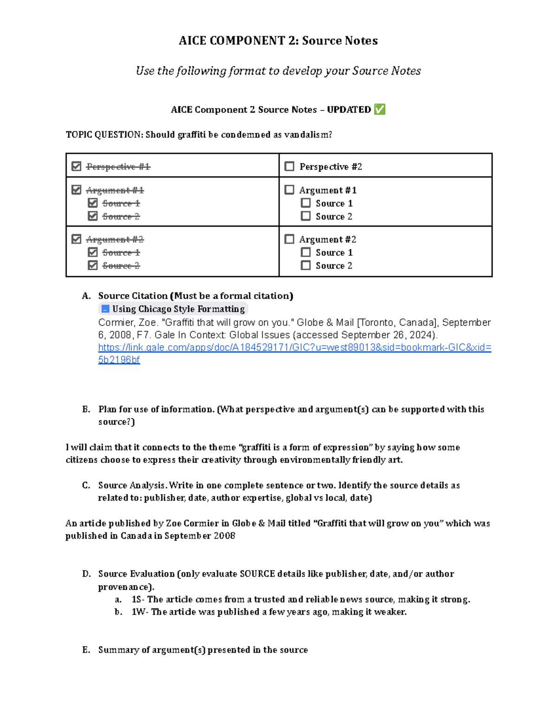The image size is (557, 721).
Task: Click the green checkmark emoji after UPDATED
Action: (x=379, y=110)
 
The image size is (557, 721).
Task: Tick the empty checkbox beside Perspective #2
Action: (x=290, y=166)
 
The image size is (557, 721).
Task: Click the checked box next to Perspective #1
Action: (x=77, y=166)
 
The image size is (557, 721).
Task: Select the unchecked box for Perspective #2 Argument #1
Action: (x=290, y=190)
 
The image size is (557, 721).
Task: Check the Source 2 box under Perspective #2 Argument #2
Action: (x=305, y=266)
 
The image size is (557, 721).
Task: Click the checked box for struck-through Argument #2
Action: (x=77, y=239)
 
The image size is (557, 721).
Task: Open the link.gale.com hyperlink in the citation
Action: (x=294, y=347)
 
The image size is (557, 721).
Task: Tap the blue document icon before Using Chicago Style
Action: (x=105, y=309)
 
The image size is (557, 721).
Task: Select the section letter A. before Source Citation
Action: (x=86, y=296)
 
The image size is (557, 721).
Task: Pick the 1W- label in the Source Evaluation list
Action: (x=139, y=612)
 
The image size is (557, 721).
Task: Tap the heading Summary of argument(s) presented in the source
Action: (x=203, y=650)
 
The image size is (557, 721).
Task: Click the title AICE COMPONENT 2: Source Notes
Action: (x=278, y=41)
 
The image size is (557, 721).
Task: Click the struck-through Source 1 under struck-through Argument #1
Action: (x=121, y=203)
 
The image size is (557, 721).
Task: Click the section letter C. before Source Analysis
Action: (x=86, y=485)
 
